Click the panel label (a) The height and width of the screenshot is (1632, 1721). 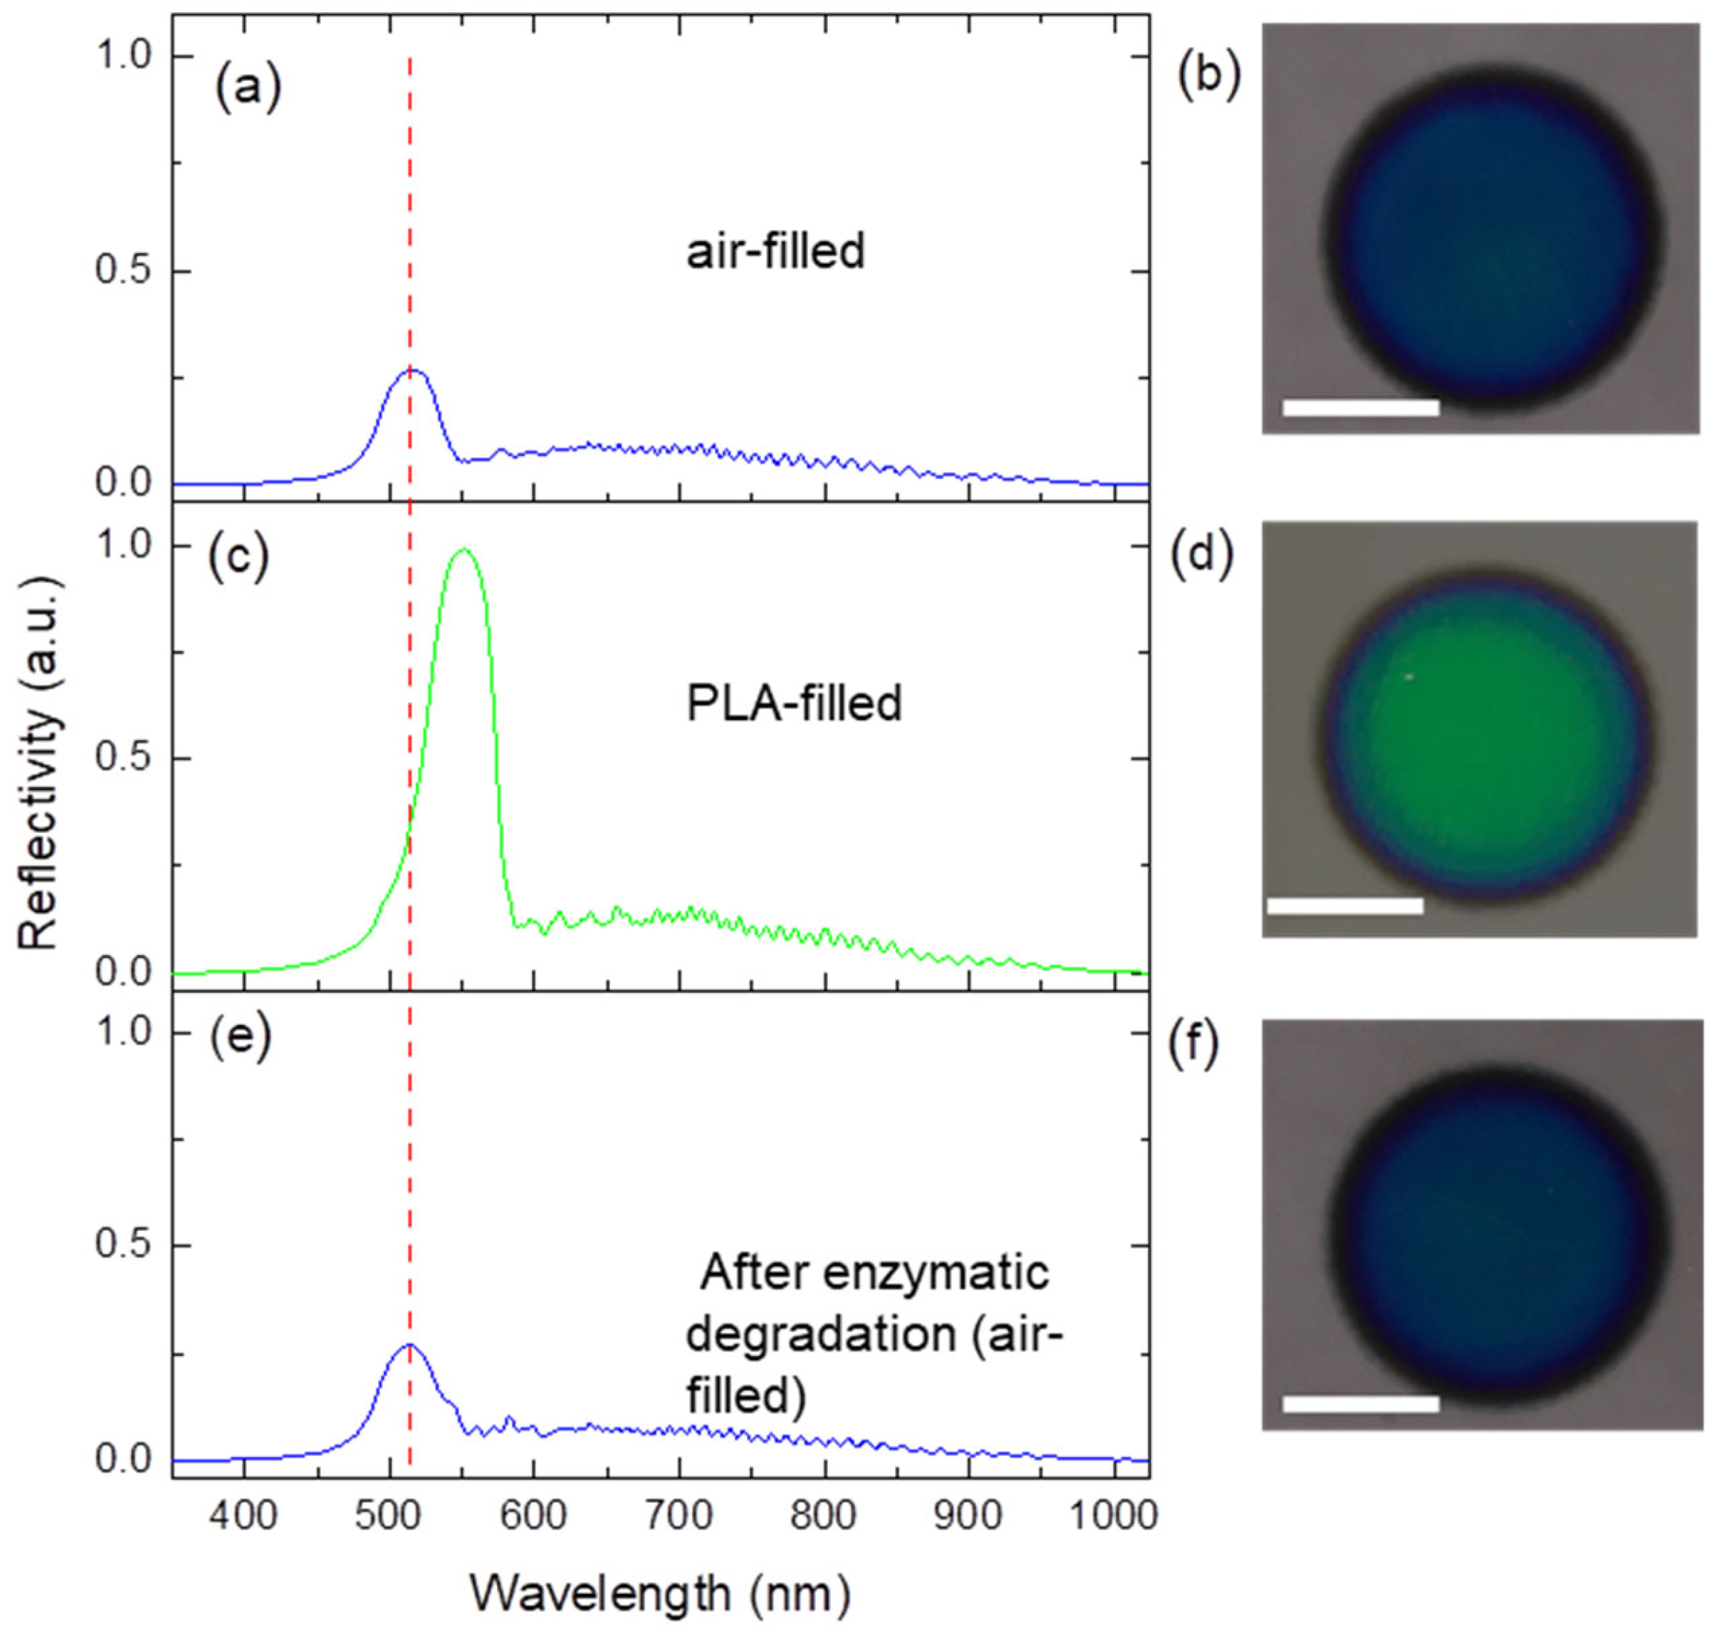point(248,89)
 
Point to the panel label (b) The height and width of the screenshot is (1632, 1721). point(1208,80)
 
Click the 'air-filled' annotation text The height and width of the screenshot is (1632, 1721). point(775,252)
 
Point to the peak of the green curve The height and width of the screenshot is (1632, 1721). point(464,550)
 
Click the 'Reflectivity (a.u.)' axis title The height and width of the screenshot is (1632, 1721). point(40,766)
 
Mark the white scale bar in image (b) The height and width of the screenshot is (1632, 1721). point(1360,407)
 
